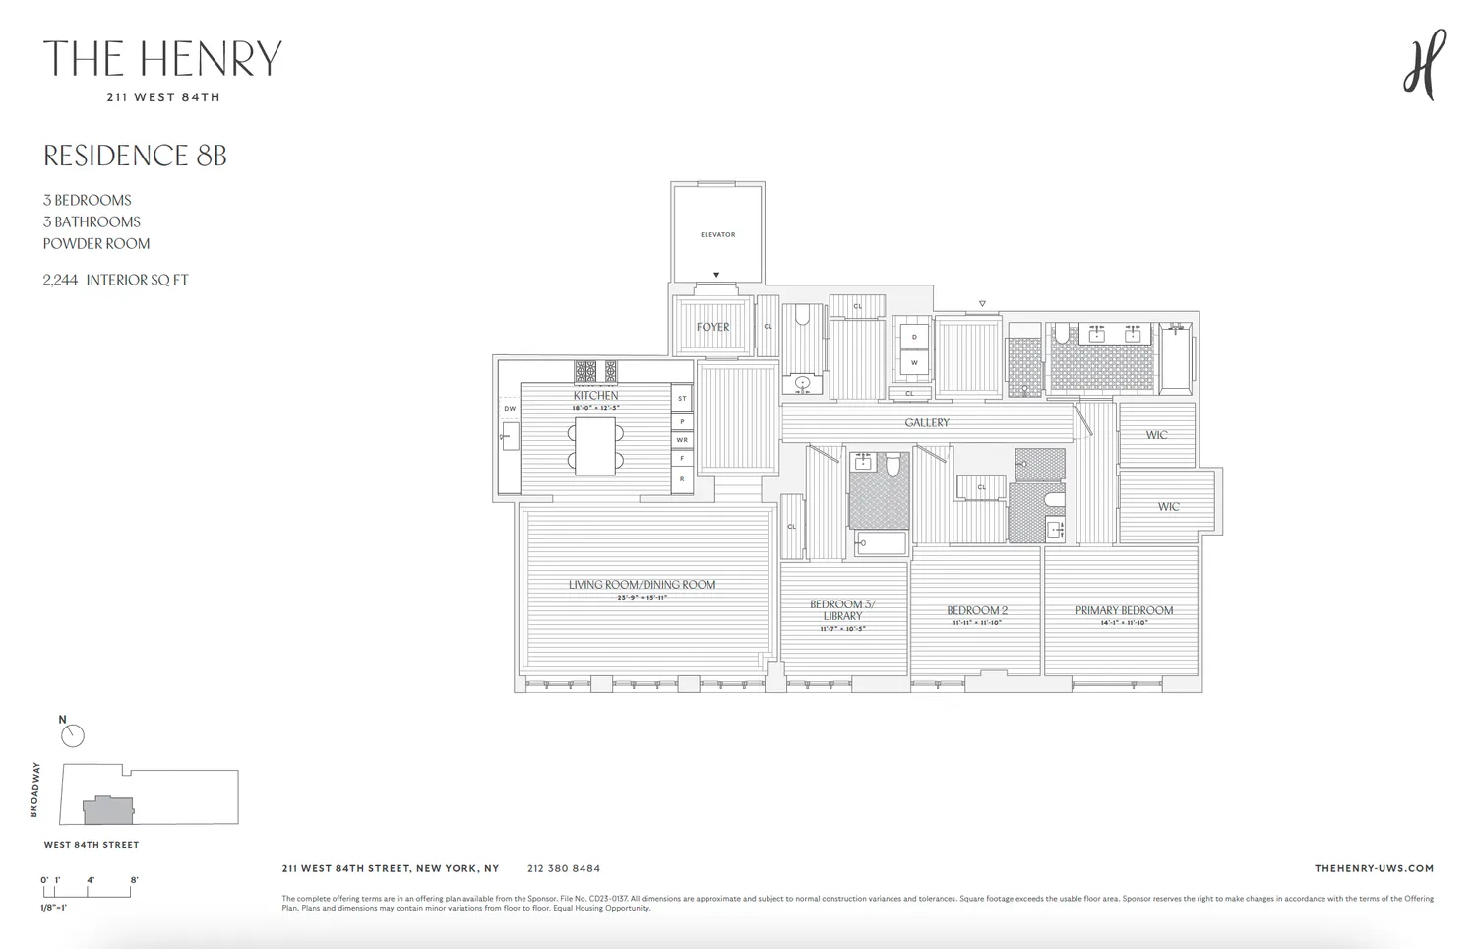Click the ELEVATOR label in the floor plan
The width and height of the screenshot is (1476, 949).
point(717,234)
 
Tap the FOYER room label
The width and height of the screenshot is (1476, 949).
point(713,327)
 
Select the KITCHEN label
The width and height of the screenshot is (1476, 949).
point(596,395)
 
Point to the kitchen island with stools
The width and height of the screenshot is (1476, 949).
point(595,446)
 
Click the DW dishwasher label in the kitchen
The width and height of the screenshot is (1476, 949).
point(510,408)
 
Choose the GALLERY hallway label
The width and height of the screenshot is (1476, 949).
point(927,422)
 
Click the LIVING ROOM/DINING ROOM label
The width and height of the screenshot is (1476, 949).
point(642,584)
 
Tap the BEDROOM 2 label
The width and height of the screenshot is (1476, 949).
point(977,610)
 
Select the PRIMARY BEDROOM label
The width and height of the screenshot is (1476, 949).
point(1124,610)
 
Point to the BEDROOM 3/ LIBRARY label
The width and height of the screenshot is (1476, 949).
point(842,609)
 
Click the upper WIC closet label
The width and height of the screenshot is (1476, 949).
point(1156,435)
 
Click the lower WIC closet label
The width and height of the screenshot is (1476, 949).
point(1168,507)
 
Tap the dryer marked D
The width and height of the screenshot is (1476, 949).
point(914,337)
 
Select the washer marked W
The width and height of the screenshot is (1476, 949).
point(914,362)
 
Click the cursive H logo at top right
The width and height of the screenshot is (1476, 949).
point(1425,64)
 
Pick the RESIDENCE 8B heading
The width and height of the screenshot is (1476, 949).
point(135,156)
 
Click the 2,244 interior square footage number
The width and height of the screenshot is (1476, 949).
point(60,280)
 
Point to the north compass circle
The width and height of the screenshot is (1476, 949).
point(73,735)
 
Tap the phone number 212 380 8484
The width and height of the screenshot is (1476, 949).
point(563,868)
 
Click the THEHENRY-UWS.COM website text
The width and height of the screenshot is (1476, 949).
point(1374,868)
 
